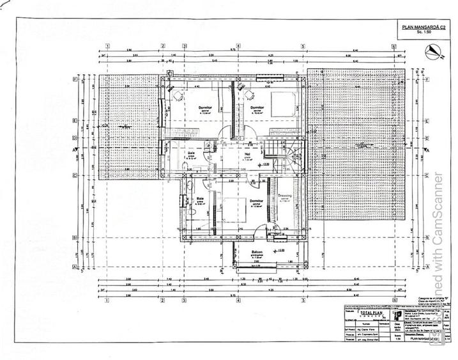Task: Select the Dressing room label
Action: [286, 196]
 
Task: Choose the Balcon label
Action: [257, 253]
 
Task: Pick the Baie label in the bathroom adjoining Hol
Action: [191, 153]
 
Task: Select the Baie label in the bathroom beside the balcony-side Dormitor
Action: [199, 200]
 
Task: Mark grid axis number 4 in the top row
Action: [238, 46]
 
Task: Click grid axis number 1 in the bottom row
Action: [109, 299]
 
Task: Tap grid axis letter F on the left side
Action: [76, 81]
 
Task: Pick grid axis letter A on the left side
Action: [76, 267]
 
